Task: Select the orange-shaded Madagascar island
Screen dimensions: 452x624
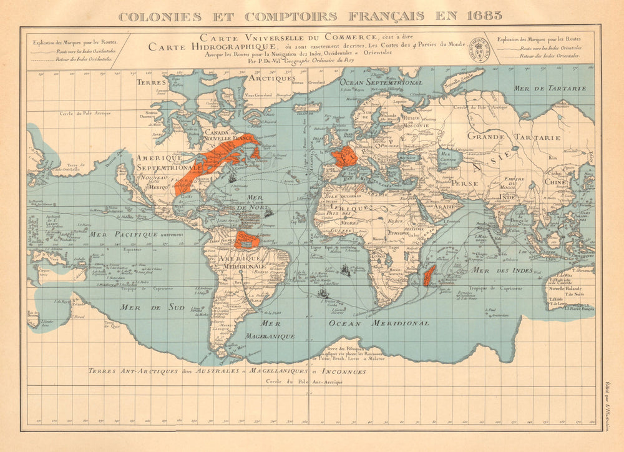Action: [429, 275]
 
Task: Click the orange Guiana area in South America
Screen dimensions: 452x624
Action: [246, 239]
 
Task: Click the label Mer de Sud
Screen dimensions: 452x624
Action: [152, 307]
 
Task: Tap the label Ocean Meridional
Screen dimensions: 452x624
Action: [379, 323]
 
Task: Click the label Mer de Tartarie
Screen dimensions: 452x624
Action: [550, 89]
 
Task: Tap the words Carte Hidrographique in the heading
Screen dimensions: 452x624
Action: [205, 47]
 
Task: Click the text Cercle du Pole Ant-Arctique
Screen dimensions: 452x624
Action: [304, 381]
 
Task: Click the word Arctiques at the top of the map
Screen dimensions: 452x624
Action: [270, 78]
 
